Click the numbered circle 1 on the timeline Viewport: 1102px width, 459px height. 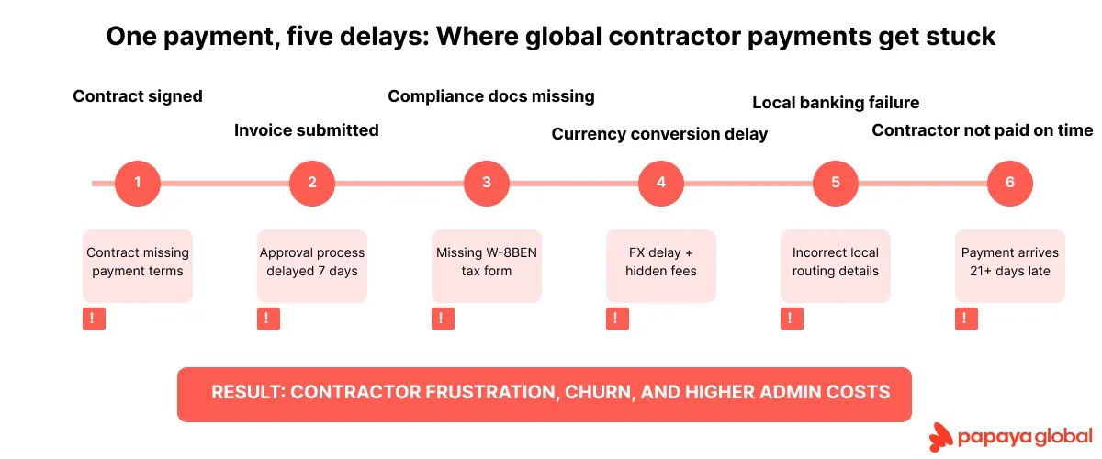pos(138,183)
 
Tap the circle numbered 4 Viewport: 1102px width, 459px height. pos(661,183)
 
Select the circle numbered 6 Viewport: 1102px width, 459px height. pos(1010,183)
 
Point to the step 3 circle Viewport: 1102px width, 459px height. pos(487,183)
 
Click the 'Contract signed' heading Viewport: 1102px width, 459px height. pos(138,96)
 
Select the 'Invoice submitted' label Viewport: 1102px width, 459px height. pos(306,130)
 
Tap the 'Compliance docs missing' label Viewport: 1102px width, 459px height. pos(491,96)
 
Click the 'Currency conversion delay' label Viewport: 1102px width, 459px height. pos(659,135)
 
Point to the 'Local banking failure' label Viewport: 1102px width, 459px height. pos(836,103)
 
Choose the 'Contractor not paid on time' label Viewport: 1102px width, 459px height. pos(983,130)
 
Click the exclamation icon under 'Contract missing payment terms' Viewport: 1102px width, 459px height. pos(94,319)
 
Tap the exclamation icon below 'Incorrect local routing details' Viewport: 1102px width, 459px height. pos(792,319)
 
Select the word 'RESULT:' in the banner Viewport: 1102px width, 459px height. pos(248,393)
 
